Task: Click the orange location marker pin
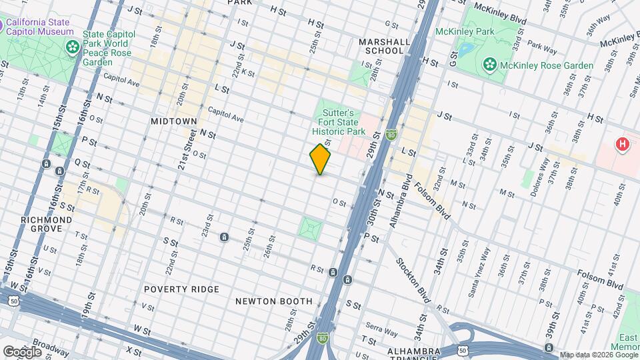click(x=321, y=159)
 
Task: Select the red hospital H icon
click(x=623, y=144)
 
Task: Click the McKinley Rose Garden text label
click(x=548, y=65)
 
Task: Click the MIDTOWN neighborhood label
click(x=173, y=121)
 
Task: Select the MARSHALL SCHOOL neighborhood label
click(x=384, y=46)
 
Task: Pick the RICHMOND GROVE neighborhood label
click(x=46, y=224)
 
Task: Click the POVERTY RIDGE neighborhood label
click(x=181, y=289)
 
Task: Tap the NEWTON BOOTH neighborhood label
click(x=274, y=301)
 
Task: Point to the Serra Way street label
click(x=383, y=329)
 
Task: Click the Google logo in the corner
click(x=22, y=351)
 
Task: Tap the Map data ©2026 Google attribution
click(x=597, y=354)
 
